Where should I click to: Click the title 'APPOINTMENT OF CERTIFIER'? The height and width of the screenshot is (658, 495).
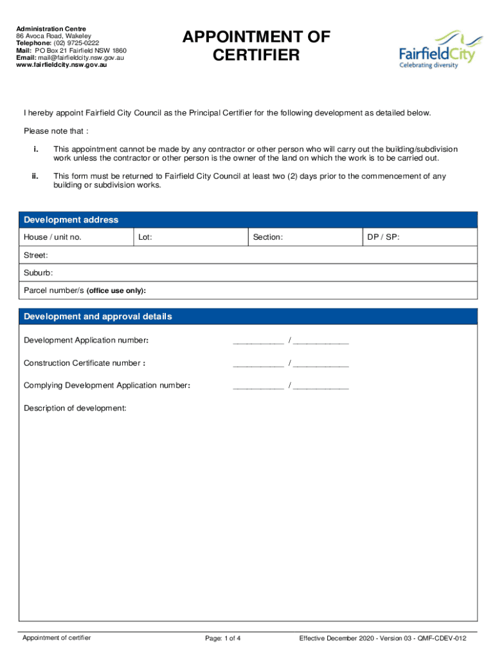[256, 46]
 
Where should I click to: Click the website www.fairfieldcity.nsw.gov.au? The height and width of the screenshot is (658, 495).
[62, 65]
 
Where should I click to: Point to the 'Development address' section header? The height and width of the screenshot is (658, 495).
[71, 220]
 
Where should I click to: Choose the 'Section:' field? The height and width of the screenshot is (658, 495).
[305, 237]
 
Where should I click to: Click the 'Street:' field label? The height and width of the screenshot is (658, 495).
[36, 255]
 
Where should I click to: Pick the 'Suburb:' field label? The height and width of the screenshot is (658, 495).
[38, 272]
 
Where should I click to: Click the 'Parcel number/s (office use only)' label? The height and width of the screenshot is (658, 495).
[85, 290]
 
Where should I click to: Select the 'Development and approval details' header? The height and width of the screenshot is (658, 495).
[98, 317]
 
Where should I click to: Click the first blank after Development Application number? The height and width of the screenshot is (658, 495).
[258, 341]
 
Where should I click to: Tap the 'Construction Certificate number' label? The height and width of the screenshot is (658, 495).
[84, 363]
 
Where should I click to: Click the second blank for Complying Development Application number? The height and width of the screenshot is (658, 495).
[321, 386]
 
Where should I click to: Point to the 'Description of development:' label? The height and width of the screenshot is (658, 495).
[75, 408]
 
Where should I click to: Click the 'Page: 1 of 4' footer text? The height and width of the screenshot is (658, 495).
[223, 638]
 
